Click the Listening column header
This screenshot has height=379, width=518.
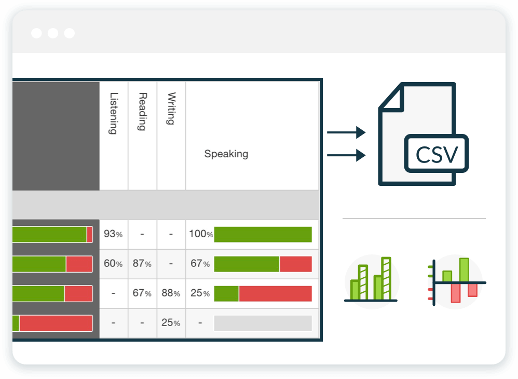(x=113, y=113)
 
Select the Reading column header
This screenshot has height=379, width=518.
(x=142, y=111)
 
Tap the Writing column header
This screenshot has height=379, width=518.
(x=171, y=109)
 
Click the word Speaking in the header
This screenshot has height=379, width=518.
(x=226, y=154)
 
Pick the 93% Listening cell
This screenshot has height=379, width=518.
(x=113, y=234)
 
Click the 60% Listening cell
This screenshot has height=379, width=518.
(x=113, y=263)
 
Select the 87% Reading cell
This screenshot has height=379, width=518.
(x=142, y=263)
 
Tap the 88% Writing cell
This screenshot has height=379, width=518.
(x=171, y=293)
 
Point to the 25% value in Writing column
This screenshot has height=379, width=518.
(x=171, y=322)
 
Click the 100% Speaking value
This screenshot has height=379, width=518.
(x=201, y=234)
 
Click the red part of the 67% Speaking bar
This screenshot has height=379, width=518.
(x=296, y=264)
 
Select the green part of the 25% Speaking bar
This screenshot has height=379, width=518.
(x=226, y=293)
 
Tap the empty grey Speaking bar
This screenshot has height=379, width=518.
(x=263, y=323)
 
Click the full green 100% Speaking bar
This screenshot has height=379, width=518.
(x=263, y=235)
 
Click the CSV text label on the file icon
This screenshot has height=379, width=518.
(x=437, y=154)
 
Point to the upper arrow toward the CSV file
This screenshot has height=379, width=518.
(x=346, y=132)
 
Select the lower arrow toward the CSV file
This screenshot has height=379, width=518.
(x=346, y=155)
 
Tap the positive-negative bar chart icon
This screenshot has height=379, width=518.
(x=456, y=282)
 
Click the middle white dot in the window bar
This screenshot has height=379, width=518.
(x=53, y=33)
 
